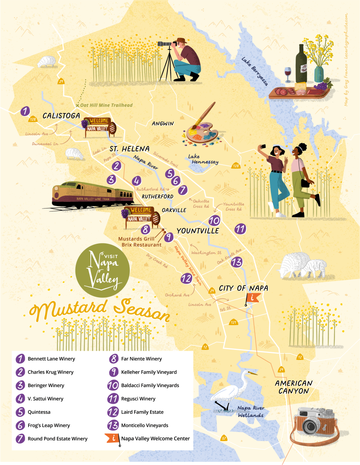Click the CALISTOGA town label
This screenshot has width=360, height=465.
click(x=61, y=115)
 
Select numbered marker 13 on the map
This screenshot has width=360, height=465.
click(x=236, y=262)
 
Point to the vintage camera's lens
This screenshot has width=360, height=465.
click(x=310, y=426)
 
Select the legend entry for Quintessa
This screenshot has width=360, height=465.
click(x=39, y=412)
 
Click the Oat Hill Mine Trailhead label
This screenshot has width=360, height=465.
click(x=107, y=105)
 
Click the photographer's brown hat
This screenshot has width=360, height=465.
click(x=181, y=41)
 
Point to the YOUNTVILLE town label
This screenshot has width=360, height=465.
click(x=198, y=231)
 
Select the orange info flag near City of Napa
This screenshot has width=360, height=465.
click(x=253, y=298)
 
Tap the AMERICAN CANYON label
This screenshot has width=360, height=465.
click(x=293, y=387)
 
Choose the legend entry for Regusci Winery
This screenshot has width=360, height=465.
click(x=138, y=399)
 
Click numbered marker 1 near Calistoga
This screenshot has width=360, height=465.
click(x=25, y=112)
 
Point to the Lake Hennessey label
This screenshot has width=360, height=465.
click(x=203, y=159)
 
